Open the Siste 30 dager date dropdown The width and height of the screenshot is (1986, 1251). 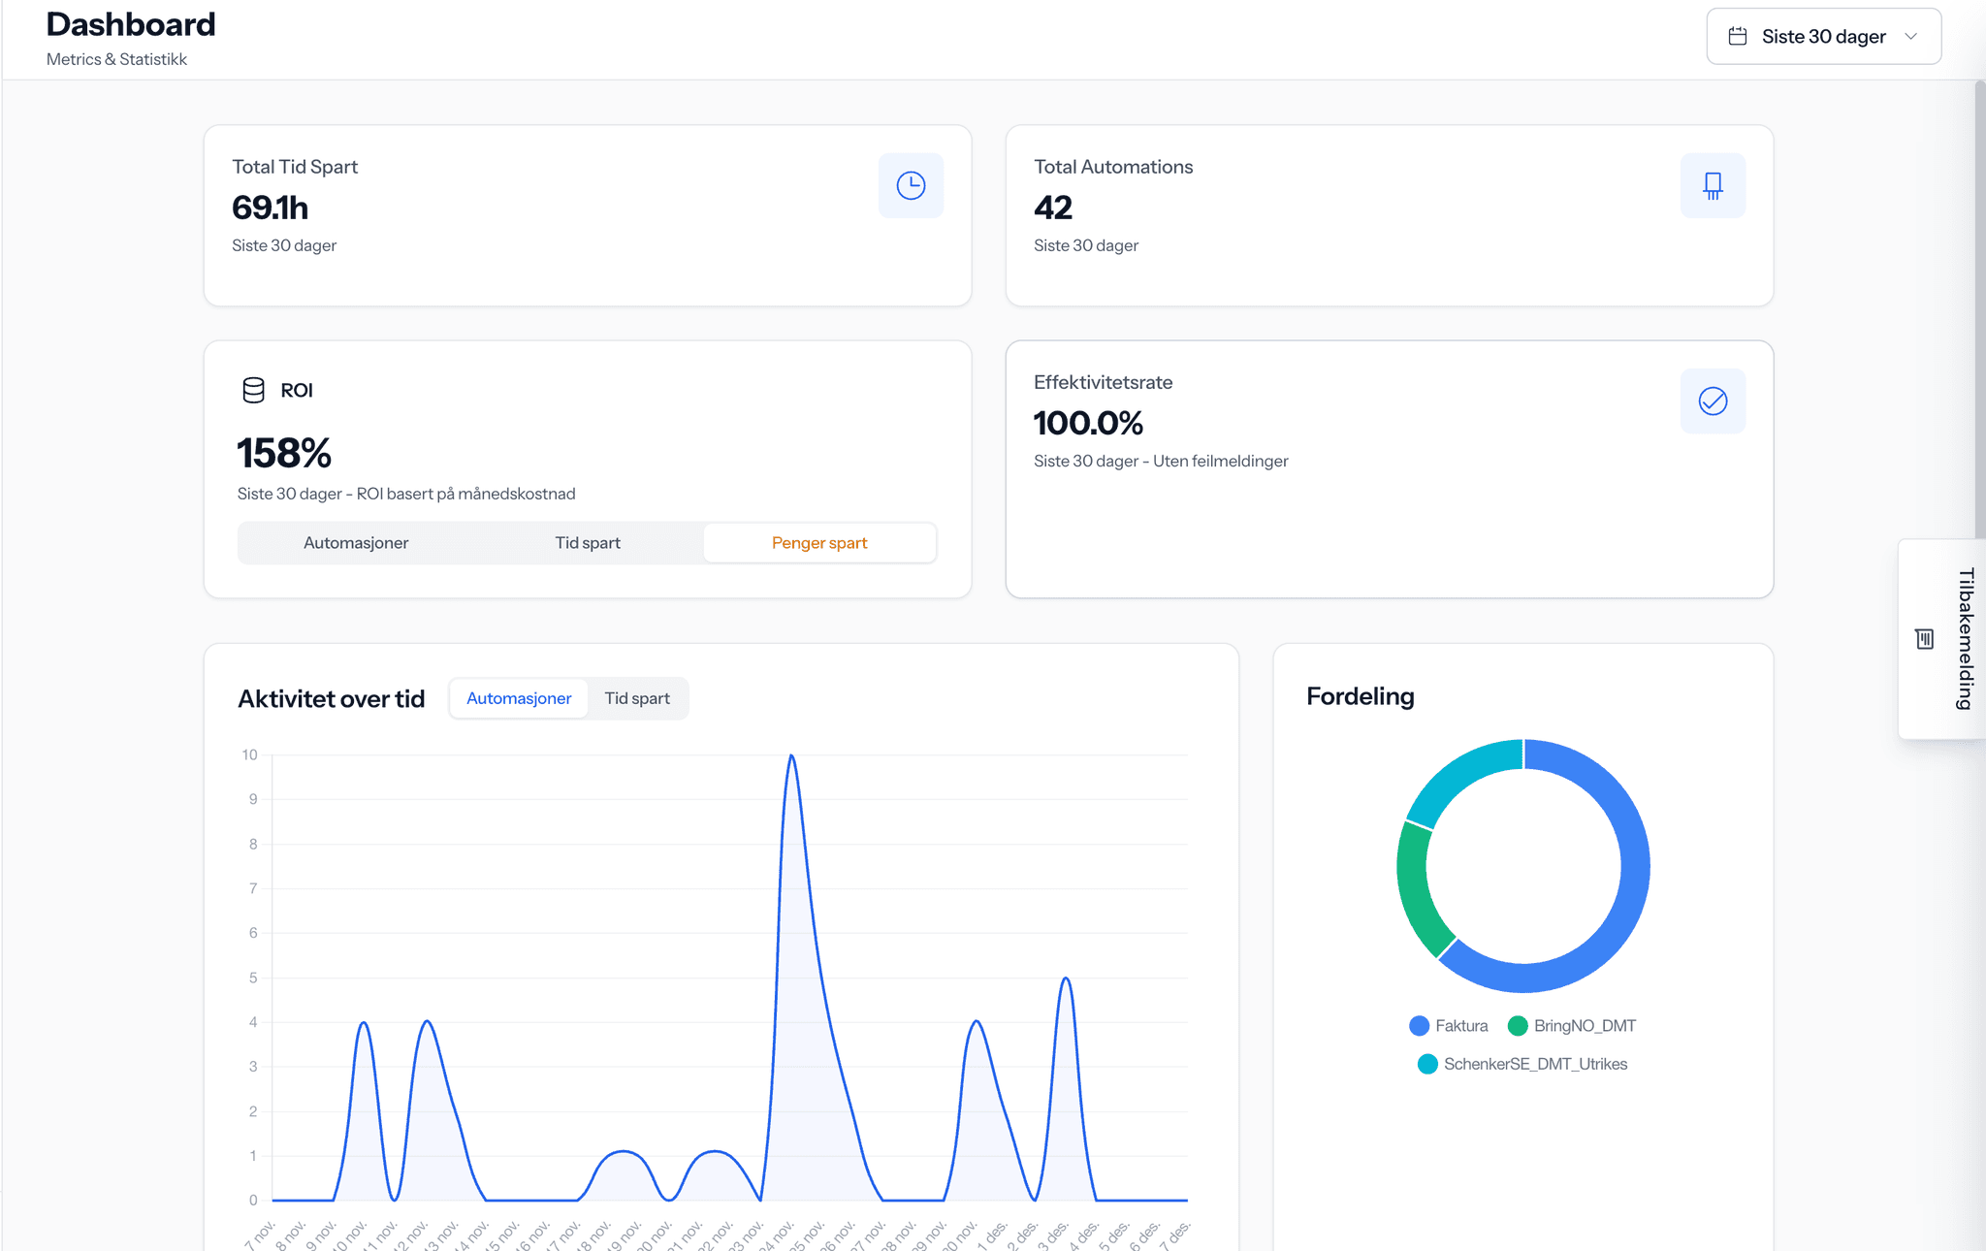point(1823,37)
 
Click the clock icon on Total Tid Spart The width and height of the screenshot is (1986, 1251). point(911,185)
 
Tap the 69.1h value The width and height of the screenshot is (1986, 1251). point(271,208)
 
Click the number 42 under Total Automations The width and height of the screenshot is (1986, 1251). point(1053,208)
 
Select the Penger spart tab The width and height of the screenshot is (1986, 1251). point(819,543)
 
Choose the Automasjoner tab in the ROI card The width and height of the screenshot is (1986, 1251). point(356,543)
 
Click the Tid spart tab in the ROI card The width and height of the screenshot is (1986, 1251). point(588,543)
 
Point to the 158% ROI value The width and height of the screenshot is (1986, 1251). point(284,453)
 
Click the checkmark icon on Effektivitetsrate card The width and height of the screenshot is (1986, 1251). point(1713,401)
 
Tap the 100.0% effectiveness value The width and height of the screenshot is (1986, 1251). point(1088,423)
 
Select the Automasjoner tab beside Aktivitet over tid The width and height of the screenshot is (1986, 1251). point(519,698)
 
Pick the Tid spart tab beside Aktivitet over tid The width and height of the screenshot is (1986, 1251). point(637,698)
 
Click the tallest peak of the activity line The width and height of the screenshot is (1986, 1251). point(792,756)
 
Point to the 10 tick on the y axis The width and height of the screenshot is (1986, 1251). point(250,754)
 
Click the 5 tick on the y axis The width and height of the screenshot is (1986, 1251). point(253,978)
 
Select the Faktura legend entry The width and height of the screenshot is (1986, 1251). point(1449,1026)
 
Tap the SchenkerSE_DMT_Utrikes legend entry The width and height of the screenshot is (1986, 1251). point(1523,1064)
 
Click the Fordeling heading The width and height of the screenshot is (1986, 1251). point(1360,696)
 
